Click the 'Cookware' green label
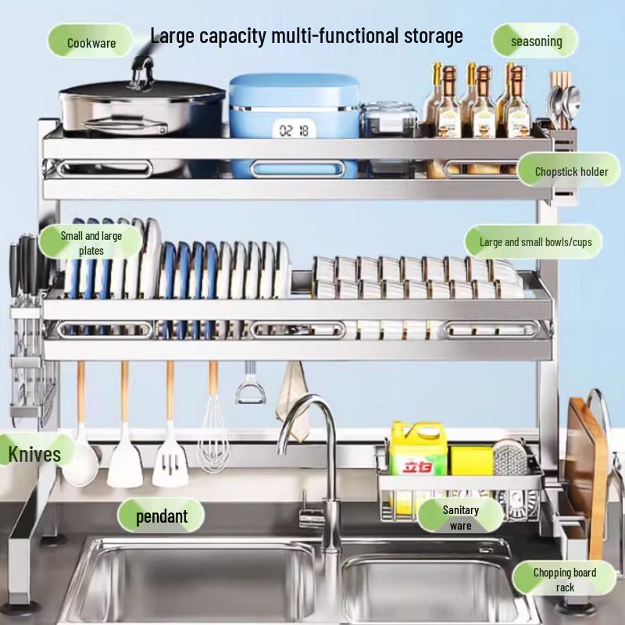coord(91,42)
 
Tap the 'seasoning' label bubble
coord(536,41)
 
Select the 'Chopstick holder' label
coord(570,171)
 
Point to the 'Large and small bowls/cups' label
coord(535,242)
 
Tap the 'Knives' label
coord(34,452)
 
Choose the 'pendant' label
coord(162,516)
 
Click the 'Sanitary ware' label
coord(460,517)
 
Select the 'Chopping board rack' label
coord(564,579)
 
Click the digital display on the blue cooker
coord(294,130)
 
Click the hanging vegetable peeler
coord(250,387)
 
